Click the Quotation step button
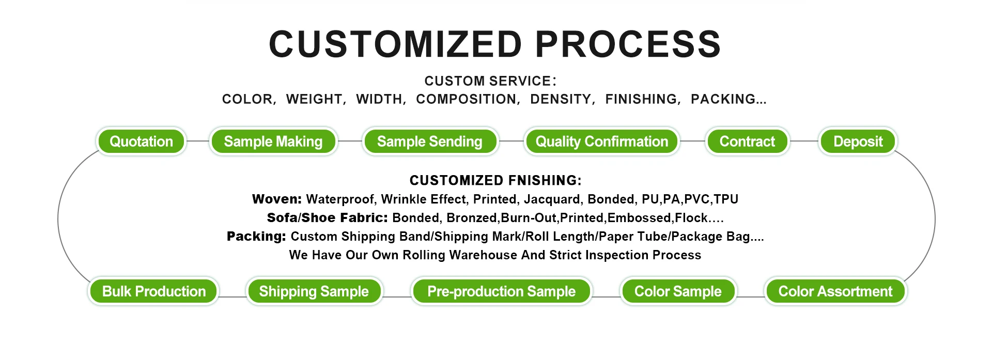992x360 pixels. pyautogui.click(x=141, y=141)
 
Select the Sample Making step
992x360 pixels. pyautogui.click(x=273, y=141)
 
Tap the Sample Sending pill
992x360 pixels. pyautogui.click(x=430, y=141)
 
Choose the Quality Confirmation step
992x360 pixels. pyautogui.click(x=602, y=141)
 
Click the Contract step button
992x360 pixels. pyautogui.click(x=747, y=141)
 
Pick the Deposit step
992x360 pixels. pyautogui.click(x=858, y=141)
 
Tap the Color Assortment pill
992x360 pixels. pyautogui.click(x=835, y=291)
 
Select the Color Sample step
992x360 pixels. pyautogui.click(x=678, y=291)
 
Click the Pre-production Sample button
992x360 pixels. pyautogui.click(x=502, y=291)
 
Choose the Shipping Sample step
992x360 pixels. pyautogui.click(x=314, y=291)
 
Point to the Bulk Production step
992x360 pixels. pyautogui.click(x=154, y=291)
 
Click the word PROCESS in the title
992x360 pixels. pyautogui.click(x=628, y=44)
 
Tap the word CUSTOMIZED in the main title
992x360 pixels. pyautogui.click(x=396, y=44)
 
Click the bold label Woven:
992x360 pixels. pyautogui.click(x=277, y=199)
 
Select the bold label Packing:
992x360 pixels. pyautogui.click(x=256, y=237)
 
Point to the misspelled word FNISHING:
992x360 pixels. pyautogui.click(x=545, y=180)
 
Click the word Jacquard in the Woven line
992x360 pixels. pyautogui.click(x=552, y=199)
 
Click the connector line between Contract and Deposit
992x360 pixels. pyautogui.click(x=804, y=141)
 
